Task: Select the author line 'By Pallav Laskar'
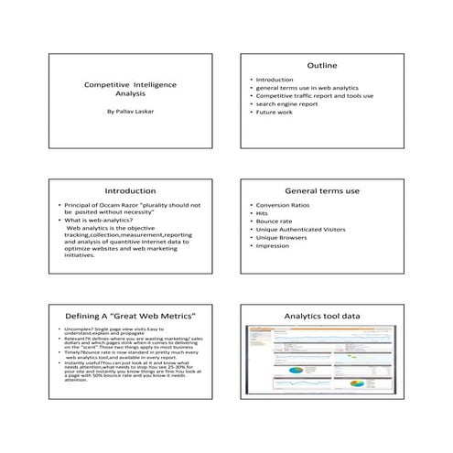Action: point(130,115)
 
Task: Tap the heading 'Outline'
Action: point(322,66)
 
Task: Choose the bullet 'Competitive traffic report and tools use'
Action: point(314,94)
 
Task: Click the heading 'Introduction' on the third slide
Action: point(131,190)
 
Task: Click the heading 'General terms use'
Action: point(322,190)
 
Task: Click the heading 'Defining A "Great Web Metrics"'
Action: point(131,316)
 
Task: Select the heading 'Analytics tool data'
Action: point(322,316)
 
